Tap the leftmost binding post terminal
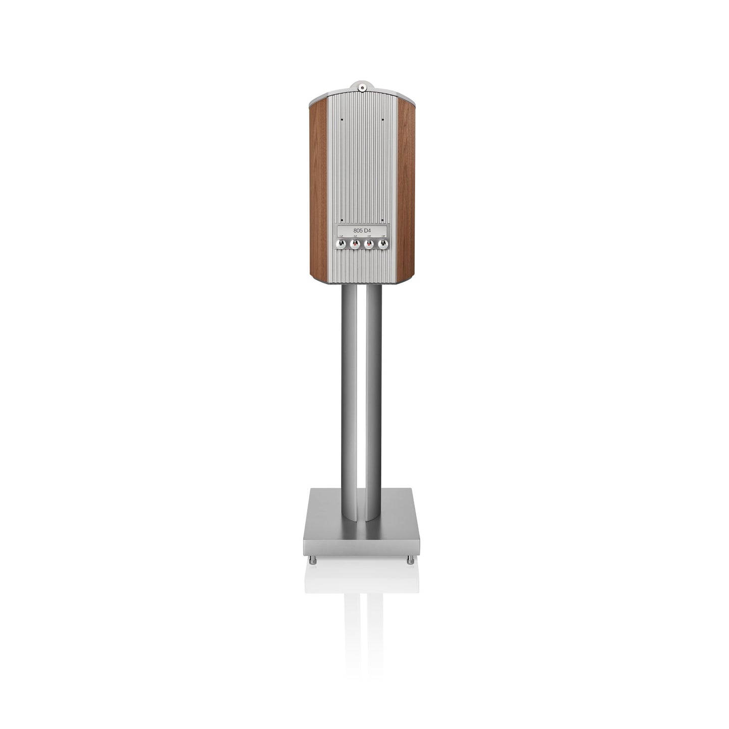point(341,244)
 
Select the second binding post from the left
point(355,244)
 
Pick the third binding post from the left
point(369,244)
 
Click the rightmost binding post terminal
point(383,244)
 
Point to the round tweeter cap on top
point(362,88)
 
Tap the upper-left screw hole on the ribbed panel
point(342,120)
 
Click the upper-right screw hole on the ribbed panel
point(383,120)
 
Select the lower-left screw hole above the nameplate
point(342,220)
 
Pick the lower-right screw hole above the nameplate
point(383,220)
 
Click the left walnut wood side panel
point(318,189)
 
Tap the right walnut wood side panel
point(406,189)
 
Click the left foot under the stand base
point(313,560)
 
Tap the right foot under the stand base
point(411,560)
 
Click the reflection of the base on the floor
point(362,580)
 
